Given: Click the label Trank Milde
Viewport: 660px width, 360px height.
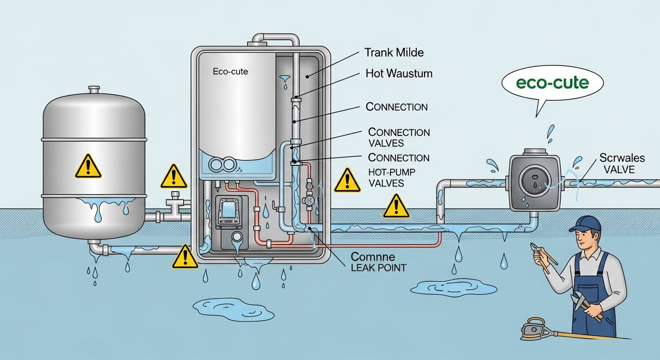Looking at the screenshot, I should pyautogui.click(x=394, y=52).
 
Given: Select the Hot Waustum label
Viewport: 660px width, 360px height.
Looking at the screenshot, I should pyautogui.click(x=398, y=74).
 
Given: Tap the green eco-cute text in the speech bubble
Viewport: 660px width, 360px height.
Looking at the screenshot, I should pyautogui.click(x=552, y=83).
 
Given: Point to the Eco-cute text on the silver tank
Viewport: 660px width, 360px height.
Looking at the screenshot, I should pyautogui.click(x=230, y=72).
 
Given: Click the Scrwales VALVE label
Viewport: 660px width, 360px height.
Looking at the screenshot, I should pyautogui.click(x=622, y=163).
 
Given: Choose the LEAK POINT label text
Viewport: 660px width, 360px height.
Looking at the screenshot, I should pyautogui.click(x=379, y=268).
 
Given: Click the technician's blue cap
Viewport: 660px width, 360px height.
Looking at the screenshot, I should pyautogui.click(x=584, y=223).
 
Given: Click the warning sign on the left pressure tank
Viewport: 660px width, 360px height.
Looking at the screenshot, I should pyautogui.click(x=88, y=166).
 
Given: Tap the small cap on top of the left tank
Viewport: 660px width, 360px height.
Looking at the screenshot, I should pyautogui.click(x=94, y=89).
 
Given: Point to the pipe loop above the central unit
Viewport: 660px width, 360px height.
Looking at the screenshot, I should pyautogui.click(x=276, y=39).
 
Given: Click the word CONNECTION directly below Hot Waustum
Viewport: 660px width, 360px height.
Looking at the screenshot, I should pyautogui.click(x=397, y=107).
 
